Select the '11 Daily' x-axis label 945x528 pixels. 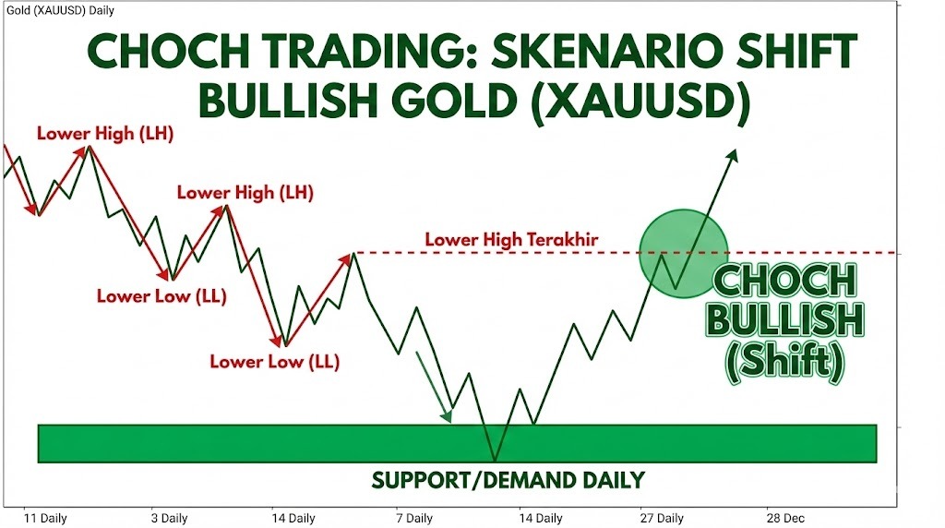pyautogui.click(x=45, y=519)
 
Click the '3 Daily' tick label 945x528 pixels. pyautogui.click(x=170, y=519)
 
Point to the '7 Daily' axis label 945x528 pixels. pyautogui.click(x=414, y=519)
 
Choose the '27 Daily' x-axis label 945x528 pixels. pyautogui.click(x=662, y=519)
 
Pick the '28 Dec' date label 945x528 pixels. pyautogui.click(x=785, y=519)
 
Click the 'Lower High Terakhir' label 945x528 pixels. pyautogui.click(x=511, y=240)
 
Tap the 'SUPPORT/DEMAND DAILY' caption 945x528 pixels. pyautogui.click(x=508, y=480)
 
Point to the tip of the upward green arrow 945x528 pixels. pyautogui.click(x=736, y=150)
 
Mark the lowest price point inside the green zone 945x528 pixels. pyautogui.click(x=496, y=461)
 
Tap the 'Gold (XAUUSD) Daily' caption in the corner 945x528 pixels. pyautogui.click(x=60, y=10)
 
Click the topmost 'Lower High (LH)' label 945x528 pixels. pyautogui.click(x=105, y=134)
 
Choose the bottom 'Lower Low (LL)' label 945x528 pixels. pyautogui.click(x=275, y=362)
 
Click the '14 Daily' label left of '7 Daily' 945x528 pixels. pyautogui.click(x=293, y=519)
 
